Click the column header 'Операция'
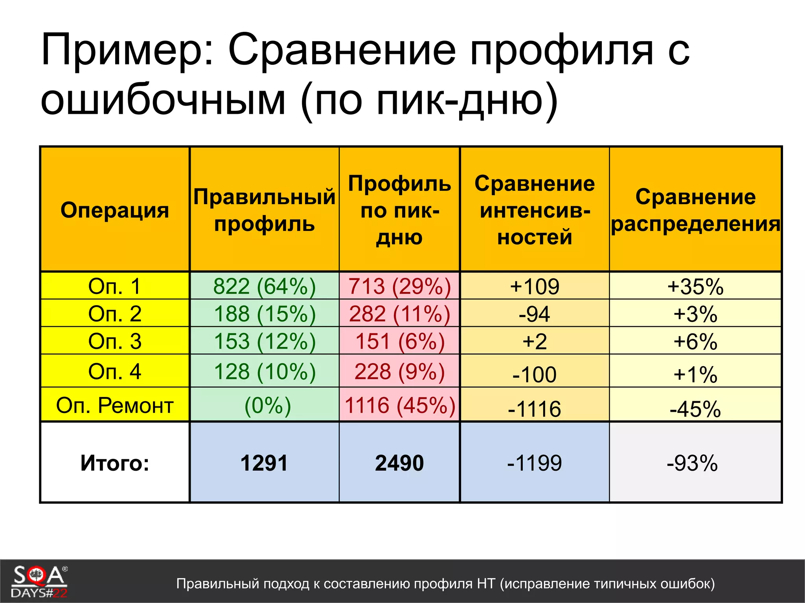pos(114,210)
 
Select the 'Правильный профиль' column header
pos(264,210)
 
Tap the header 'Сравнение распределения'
pos(695,210)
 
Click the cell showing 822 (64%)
pos(264,286)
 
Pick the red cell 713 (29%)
pos(399,286)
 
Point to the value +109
pos(535,286)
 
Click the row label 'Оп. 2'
pos(114,314)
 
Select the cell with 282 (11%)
pos(399,314)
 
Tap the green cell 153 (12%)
pos(264,341)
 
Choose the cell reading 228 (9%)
pos(399,371)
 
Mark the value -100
pos(535,374)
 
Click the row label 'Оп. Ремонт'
pos(114,405)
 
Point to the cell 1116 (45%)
pos(399,405)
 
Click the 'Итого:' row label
pos(114,463)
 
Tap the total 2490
pos(399,463)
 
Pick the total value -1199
pos(535,463)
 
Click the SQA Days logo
pos(39,581)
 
